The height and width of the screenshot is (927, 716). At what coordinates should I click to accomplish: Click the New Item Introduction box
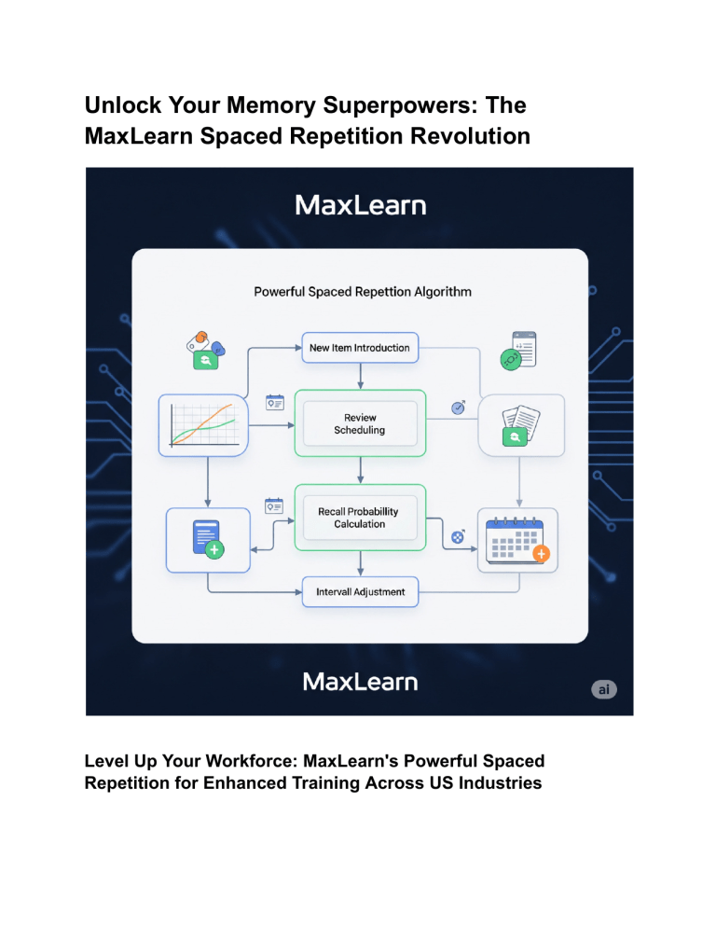pyautogui.click(x=360, y=348)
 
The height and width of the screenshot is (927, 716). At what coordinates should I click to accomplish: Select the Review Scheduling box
pyautogui.click(x=360, y=423)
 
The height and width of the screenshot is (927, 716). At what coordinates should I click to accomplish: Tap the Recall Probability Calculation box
pyautogui.click(x=360, y=518)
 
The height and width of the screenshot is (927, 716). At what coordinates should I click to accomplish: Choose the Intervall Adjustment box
pyautogui.click(x=360, y=592)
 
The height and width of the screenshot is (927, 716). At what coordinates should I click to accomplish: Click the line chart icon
pyautogui.click(x=203, y=425)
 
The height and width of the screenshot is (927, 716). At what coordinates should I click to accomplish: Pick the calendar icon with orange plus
pyautogui.click(x=518, y=540)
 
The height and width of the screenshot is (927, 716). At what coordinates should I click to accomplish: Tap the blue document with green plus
pyautogui.click(x=208, y=539)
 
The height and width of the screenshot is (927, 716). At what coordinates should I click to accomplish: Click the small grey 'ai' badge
pyautogui.click(x=604, y=689)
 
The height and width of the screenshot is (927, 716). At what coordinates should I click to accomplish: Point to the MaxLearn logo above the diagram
pyautogui.click(x=360, y=205)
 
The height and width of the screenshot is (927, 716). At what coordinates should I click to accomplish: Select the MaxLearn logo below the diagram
pyautogui.click(x=360, y=682)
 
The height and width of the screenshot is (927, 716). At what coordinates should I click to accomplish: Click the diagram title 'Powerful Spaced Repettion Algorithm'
pyautogui.click(x=363, y=292)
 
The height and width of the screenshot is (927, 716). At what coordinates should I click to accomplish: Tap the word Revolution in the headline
pyautogui.click(x=470, y=136)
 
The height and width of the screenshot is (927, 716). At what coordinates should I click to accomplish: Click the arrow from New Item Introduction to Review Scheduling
pyautogui.click(x=360, y=376)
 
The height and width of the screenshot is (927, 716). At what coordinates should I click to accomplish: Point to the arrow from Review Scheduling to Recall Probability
pyautogui.click(x=360, y=471)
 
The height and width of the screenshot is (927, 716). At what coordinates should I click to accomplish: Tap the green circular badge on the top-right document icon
pyautogui.click(x=511, y=359)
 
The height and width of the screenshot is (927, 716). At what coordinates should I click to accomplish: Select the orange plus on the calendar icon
pyautogui.click(x=541, y=554)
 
